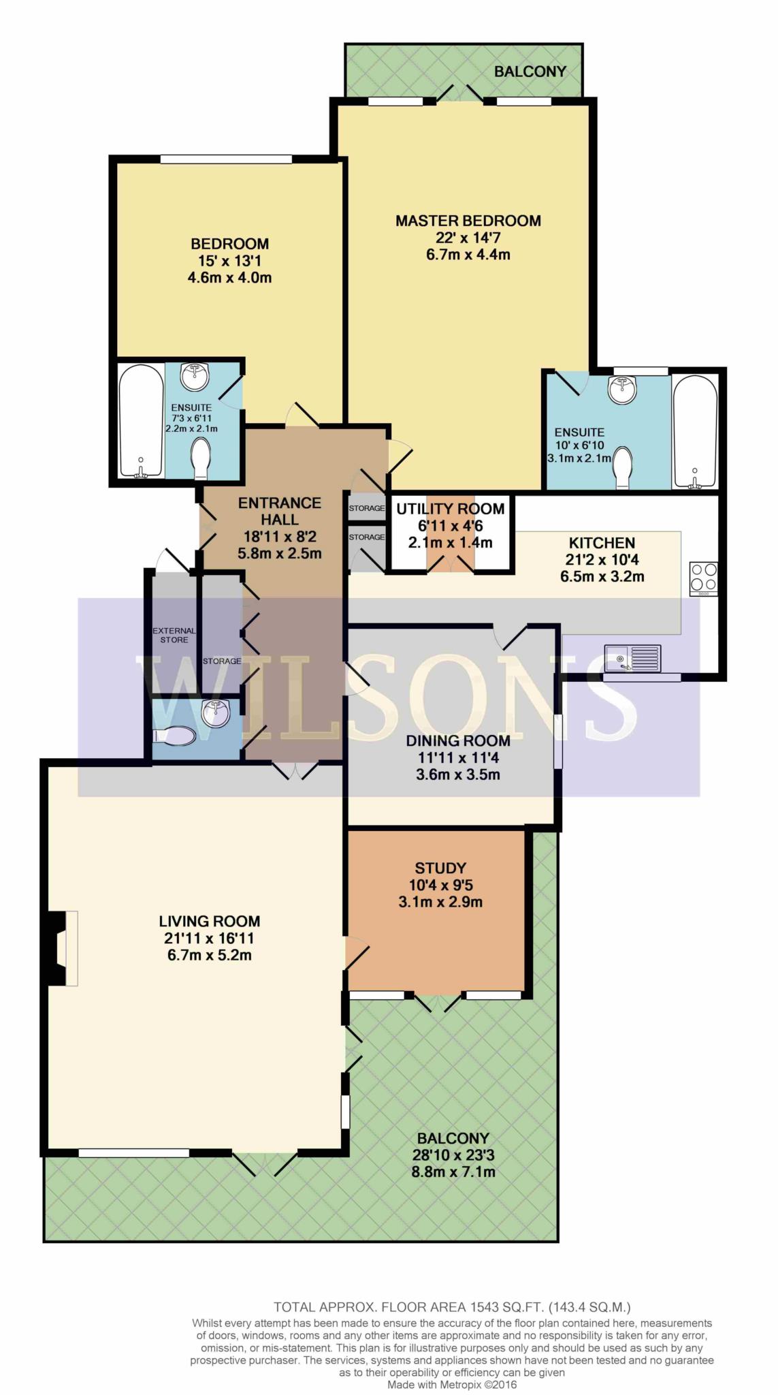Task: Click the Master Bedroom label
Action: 468,221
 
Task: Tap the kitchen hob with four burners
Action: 703,578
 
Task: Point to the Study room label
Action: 440,868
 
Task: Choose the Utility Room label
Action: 451,509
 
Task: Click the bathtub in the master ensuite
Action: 694,431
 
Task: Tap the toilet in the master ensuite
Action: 623,468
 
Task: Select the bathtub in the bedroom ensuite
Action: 141,421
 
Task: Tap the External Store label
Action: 174,635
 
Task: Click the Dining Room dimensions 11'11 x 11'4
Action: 458,757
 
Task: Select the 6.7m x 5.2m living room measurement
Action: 210,955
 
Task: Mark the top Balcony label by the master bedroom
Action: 530,71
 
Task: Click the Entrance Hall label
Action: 280,511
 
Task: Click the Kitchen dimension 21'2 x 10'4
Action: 602,560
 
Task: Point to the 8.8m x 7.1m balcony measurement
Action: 453,1172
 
